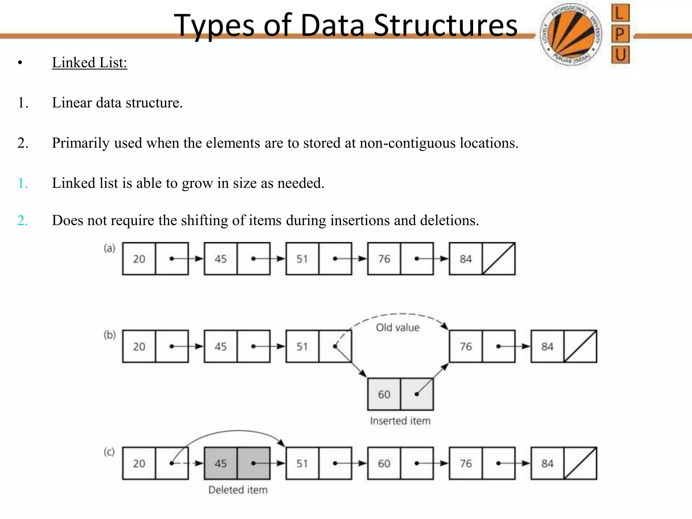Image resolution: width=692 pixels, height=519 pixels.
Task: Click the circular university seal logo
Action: coord(571,34)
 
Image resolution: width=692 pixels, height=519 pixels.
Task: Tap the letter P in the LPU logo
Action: coord(620,34)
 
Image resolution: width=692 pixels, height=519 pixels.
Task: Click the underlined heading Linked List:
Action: coord(90,63)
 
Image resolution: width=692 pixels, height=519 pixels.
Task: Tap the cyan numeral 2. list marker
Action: coord(23,221)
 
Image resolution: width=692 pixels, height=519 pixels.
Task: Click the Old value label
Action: coord(398,327)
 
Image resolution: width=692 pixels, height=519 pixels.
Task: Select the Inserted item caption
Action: coord(400,421)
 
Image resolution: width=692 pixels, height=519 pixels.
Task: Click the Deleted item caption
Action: coord(238,490)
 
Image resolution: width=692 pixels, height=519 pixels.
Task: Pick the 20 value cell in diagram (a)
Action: coord(139,259)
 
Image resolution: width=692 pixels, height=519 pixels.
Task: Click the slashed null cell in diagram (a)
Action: coord(499,259)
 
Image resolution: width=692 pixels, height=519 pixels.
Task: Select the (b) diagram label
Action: coord(110,335)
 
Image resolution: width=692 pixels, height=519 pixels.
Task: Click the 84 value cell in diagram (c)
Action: coord(547,463)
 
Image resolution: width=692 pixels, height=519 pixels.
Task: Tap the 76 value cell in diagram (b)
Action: coord(466,346)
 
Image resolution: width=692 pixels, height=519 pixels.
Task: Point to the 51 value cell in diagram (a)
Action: coord(302,259)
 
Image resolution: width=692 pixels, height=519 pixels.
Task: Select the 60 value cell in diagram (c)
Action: coord(384,463)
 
